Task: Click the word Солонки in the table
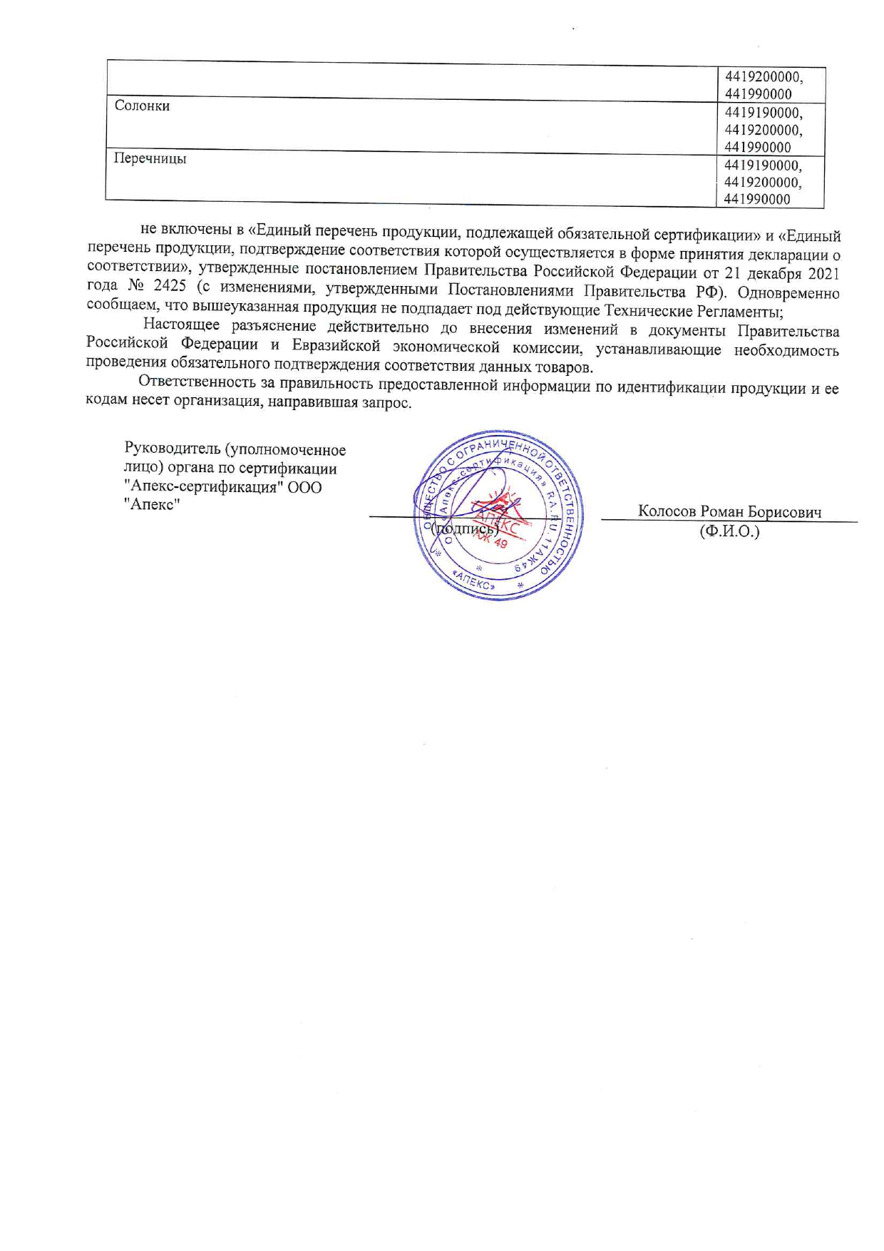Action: tap(142, 106)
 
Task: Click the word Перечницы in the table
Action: tap(150, 158)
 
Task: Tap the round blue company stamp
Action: tap(498, 514)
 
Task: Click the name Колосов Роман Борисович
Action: tap(729, 512)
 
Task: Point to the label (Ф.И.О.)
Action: tap(729, 531)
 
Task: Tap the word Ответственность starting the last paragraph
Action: tap(196, 385)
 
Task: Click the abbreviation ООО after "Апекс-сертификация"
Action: tap(305, 487)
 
